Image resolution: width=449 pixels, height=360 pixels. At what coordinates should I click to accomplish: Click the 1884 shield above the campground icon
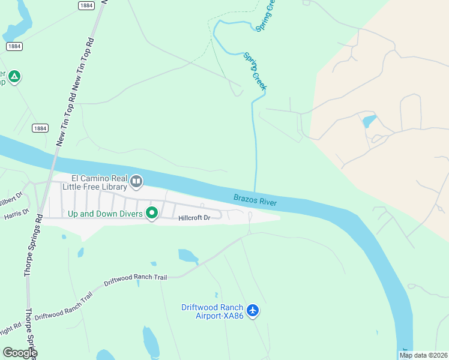(x=14, y=46)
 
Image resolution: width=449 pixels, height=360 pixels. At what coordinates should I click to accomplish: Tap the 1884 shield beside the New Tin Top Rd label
(x=40, y=128)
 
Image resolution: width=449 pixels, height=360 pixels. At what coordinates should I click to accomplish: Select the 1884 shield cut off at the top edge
(x=86, y=5)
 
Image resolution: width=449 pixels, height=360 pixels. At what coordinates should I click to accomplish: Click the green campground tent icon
(x=14, y=77)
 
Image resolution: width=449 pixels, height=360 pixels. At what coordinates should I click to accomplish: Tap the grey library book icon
(x=136, y=181)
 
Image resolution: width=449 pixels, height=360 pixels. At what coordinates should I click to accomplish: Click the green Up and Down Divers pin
(x=152, y=213)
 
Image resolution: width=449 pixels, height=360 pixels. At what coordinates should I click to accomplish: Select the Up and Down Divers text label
(x=105, y=214)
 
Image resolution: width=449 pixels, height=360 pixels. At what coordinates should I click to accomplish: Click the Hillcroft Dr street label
(x=194, y=218)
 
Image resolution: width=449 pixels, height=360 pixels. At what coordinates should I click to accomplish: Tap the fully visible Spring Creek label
(x=255, y=72)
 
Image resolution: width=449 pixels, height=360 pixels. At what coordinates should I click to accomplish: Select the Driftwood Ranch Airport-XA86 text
(x=212, y=312)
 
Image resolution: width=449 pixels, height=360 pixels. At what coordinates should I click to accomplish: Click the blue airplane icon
(x=253, y=310)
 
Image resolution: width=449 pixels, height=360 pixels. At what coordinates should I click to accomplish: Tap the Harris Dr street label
(x=16, y=214)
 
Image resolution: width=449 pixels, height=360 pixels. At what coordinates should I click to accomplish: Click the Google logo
(x=20, y=353)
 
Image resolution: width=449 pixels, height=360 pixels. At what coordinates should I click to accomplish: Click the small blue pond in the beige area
(x=369, y=121)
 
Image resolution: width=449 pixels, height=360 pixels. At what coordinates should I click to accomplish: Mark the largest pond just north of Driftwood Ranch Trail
(x=188, y=256)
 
